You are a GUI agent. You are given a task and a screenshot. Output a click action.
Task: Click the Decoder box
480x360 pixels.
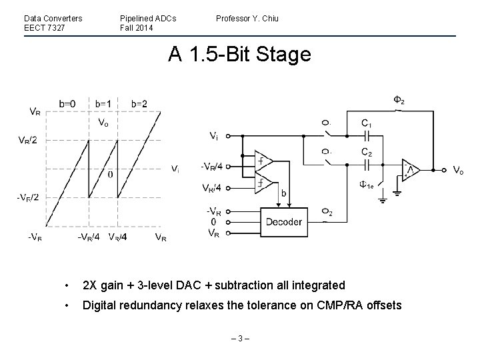click(x=284, y=222)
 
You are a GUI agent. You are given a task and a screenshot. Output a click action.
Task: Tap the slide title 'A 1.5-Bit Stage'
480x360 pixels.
click(x=240, y=55)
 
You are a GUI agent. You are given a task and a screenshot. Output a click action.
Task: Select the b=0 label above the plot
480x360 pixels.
click(x=67, y=103)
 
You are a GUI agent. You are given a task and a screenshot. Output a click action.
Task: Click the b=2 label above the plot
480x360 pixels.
click(x=139, y=103)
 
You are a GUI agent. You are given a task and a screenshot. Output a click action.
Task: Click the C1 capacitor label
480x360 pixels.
click(x=367, y=123)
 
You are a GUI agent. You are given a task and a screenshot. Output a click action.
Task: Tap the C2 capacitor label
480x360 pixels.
click(x=367, y=153)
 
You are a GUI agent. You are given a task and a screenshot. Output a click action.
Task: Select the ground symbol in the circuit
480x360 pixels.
click(x=397, y=193)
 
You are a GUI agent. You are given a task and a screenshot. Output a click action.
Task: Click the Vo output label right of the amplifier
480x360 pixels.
click(x=458, y=171)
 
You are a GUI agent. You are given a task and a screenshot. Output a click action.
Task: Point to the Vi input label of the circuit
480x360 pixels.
click(x=213, y=137)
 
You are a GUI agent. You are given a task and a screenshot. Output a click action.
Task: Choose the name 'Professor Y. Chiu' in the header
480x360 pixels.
click(x=247, y=18)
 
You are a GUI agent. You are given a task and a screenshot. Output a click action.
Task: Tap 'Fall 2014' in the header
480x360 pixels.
click(x=137, y=28)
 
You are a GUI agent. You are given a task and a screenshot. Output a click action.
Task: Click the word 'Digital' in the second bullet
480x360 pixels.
click(x=99, y=306)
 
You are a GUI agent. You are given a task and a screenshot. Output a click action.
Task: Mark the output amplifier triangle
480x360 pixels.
click(x=409, y=171)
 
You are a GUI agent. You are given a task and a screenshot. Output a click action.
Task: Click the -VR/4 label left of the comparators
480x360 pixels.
click(x=212, y=167)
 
